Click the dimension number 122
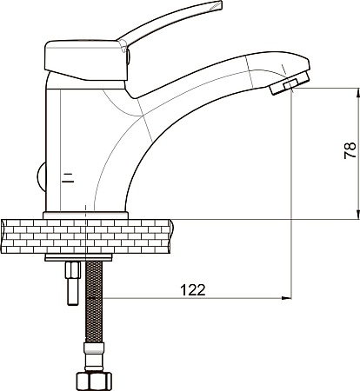(x=193, y=289)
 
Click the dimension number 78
(x=350, y=150)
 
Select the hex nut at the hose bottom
(x=94, y=381)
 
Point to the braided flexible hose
(x=94, y=302)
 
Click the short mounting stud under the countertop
(x=73, y=283)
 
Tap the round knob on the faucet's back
(x=41, y=177)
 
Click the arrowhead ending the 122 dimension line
(x=287, y=298)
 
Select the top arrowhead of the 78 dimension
(x=358, y=92)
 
